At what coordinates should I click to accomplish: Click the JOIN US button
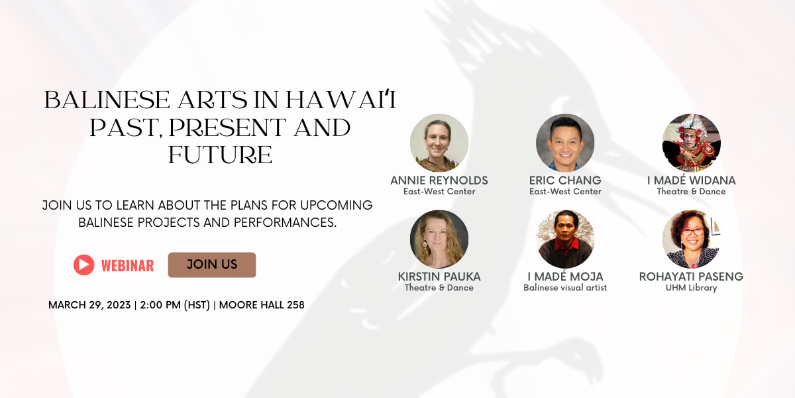coord(212,265)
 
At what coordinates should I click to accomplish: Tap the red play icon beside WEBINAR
coord(83,265)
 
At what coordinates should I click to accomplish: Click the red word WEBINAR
coord(127,266)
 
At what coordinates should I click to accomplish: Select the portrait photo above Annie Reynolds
coord(439,143)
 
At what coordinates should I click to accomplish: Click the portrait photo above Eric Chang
coord(565,143)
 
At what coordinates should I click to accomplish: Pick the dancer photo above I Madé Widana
coord(692,143)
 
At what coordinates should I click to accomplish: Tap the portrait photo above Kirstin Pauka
coord(439,239)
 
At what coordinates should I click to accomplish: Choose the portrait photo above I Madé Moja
coord(565,239)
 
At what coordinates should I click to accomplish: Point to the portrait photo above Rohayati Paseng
coord(692,239)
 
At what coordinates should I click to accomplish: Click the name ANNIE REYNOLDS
coord(439,180)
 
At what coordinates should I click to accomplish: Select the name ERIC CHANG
coord(565,180)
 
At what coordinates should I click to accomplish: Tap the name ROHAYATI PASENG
coord(692,277)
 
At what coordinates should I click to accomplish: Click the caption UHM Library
coord(692,287)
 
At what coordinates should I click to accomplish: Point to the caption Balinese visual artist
coord(565,287)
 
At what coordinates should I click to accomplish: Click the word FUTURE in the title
coord(220,155)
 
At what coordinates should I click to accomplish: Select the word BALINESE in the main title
coord(107,99)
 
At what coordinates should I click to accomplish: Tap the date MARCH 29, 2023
coord(89,305)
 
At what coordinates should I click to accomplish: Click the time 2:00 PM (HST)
coord(175,305)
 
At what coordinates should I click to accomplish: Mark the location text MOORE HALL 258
coord(262,305)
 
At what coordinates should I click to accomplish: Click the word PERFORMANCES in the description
coord(285,222)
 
